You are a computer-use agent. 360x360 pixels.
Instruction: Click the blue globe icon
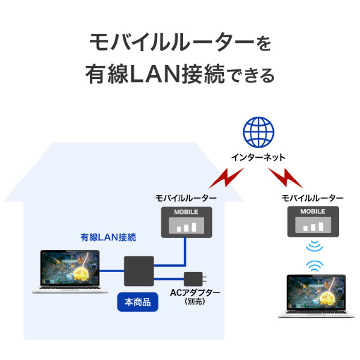258,132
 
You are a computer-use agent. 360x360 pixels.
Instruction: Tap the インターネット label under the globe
258,158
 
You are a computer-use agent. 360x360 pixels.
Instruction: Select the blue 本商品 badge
138,302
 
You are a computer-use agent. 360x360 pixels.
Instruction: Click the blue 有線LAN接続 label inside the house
108,237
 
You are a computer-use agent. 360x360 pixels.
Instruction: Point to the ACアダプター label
195,293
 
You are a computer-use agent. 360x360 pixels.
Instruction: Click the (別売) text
194,302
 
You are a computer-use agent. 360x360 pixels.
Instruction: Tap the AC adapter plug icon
195,279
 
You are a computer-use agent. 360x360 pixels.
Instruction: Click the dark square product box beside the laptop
139,271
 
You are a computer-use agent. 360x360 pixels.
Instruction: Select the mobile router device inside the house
187,222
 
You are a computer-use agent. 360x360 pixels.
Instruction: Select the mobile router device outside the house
313,222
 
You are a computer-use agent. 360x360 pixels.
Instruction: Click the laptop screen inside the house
70,268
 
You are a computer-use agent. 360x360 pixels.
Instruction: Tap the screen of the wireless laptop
317,293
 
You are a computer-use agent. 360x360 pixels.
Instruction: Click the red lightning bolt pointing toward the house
226,178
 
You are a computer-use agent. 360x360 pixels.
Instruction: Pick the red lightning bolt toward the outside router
285,178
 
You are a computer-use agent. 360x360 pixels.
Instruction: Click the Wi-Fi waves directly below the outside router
314,247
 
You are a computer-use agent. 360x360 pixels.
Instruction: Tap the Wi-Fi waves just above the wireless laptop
315,265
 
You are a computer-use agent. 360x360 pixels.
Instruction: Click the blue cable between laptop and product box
112,271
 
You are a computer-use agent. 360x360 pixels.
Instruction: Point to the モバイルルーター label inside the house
186,198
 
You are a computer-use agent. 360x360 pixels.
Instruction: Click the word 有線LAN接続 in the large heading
155,75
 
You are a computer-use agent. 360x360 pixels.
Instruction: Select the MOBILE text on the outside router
312,211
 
